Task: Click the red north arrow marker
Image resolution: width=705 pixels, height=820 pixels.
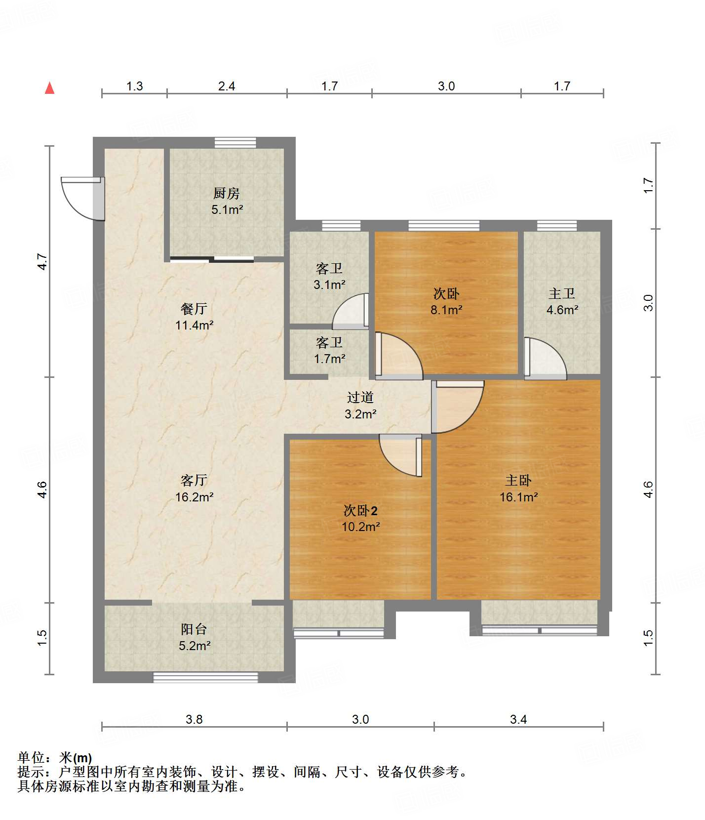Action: tap(49, 88)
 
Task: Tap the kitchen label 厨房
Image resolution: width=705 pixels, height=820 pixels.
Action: tap(227, 193)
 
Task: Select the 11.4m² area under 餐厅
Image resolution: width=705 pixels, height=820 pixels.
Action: tap(194, 325)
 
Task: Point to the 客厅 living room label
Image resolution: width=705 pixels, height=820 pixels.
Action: tap(194, 480)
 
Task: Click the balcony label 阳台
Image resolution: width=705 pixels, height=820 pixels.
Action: tap(194, 629)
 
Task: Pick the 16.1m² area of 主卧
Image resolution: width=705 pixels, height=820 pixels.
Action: tap(518, 497)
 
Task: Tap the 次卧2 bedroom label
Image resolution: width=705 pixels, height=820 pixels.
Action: tap(360, 510)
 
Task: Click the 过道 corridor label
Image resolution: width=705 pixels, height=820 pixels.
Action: tap(360, 397)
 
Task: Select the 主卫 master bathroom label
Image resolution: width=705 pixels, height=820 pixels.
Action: tap(562, 293)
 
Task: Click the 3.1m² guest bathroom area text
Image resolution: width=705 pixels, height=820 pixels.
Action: tap(329, 285)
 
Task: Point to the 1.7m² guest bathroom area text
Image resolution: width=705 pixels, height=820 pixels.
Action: tap(329, 359)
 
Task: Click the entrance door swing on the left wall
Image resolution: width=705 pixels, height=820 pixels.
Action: tap(81, 198)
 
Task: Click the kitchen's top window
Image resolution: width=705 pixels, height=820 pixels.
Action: tap(235, 143)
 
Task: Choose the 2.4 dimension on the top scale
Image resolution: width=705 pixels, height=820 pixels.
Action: tap(227, 86)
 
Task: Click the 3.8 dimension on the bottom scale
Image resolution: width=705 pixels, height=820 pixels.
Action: tap(194, 719)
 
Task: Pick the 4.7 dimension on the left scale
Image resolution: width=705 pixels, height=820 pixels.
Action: tap(42, 261)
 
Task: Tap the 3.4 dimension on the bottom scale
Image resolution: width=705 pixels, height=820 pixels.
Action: tap(518, 719)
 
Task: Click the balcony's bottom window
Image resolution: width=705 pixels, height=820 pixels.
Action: tap(205, 677)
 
